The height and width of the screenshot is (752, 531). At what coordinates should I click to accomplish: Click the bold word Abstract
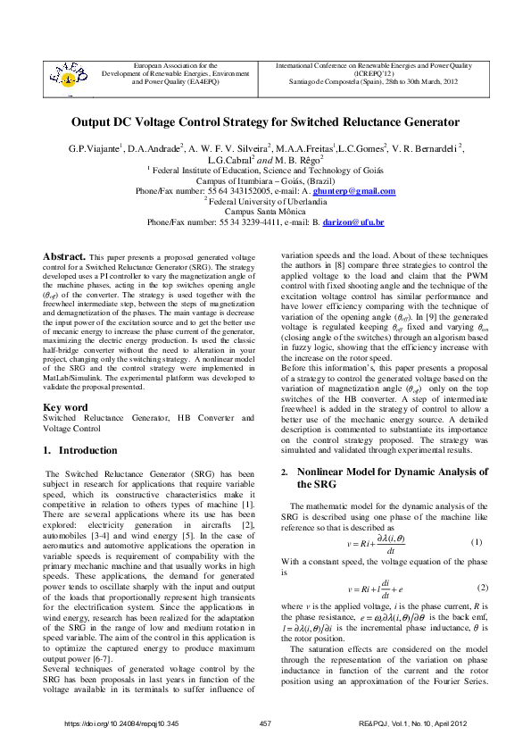click(x=64, y=255)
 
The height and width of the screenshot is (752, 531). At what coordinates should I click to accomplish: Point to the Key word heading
click(x=65, y=407)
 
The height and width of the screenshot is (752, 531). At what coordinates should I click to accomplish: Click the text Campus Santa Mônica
click(x=265, y=211)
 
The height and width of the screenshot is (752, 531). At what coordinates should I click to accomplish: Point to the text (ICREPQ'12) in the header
click(x=374, y=72)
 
